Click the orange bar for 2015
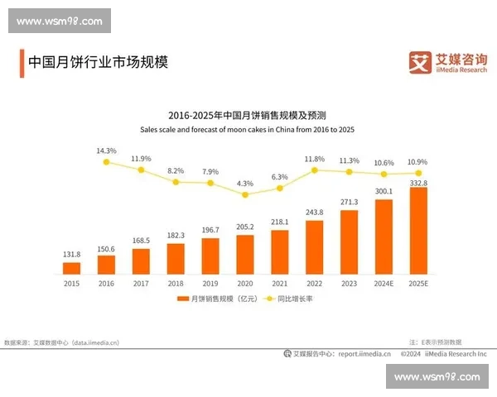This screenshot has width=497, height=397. [x=72, y=267]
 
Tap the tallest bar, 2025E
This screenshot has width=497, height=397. [x=418, y=231]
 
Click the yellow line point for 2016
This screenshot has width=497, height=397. [x=106, y=162]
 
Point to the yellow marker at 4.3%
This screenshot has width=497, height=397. [x=245, y=194]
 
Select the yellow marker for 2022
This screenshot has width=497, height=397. [x=315, y=170]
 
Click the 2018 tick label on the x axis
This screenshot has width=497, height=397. [x=176, y=283]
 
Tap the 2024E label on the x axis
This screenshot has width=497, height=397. [x=384, y=283]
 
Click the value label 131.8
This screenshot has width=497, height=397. [x=72, y=255]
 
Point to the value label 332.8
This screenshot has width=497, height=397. [x=418, y=182]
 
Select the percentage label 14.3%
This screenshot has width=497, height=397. [x=106, y=151]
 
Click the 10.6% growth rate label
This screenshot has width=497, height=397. [x=384, y=163]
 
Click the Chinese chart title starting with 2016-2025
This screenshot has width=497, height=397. [x=247, y=115]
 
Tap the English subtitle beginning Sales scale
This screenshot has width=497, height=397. [x=247, y=130]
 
